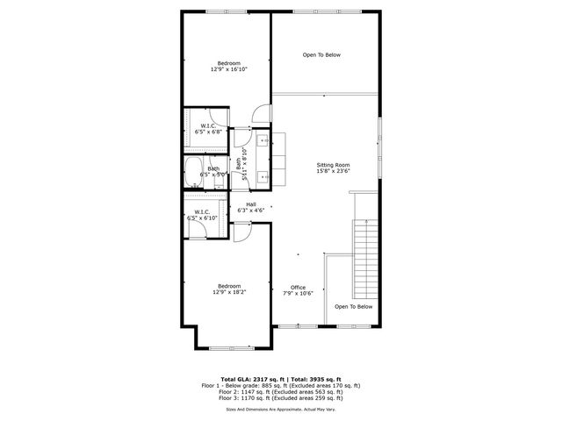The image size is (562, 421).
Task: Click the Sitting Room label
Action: (333, 165)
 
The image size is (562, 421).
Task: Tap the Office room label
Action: (299, 287)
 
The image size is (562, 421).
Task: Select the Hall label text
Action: (250, 204)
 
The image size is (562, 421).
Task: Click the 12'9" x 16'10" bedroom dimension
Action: (228, 68)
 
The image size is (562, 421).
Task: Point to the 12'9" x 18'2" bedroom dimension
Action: (228, 292)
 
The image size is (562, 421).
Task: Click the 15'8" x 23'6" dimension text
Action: (333, 172)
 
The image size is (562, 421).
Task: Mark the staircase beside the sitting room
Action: (362, 260)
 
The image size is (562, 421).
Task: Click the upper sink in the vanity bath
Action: (263, 140)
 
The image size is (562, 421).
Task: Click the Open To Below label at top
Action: (321, 55)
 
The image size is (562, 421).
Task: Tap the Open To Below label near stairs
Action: (354, 307)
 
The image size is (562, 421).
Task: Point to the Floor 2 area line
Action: (280, 392)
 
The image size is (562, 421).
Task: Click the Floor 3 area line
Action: (280, 399)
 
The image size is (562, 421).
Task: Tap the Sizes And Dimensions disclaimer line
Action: (280, 408)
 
